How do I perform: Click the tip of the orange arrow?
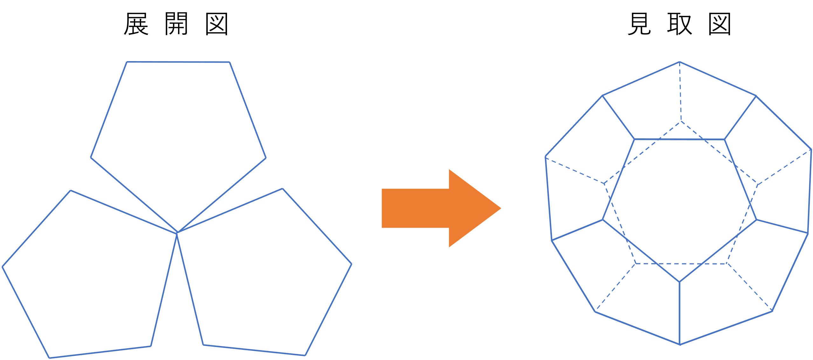click(x=501, y=208)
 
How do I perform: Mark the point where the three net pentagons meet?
click(x=177, y=233)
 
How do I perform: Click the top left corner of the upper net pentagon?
click(x=127, y=62)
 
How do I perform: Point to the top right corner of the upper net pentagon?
click(x=230, y=62)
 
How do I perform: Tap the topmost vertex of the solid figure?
click(x=679, y=62)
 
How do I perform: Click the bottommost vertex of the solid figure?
click(x=680, y=345)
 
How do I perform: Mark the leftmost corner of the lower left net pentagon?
click(x=3, y=267)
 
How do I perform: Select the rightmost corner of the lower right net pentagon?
click(x=351, y=264)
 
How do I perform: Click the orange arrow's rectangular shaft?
click(x=415, y=208)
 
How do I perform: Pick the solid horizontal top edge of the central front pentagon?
click(x=679, y=139)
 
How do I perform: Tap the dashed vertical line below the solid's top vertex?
click(x=680, y=92)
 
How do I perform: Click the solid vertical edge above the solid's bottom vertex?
click(x=679, y=313)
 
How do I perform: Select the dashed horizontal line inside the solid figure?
click(x=681, y=264)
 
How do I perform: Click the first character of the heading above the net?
click(x=136, y=24)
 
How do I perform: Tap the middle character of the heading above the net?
click(x=176, y=24)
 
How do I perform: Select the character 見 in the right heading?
click(x=639, y=24)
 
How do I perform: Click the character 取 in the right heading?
click(x=679, y=24)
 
